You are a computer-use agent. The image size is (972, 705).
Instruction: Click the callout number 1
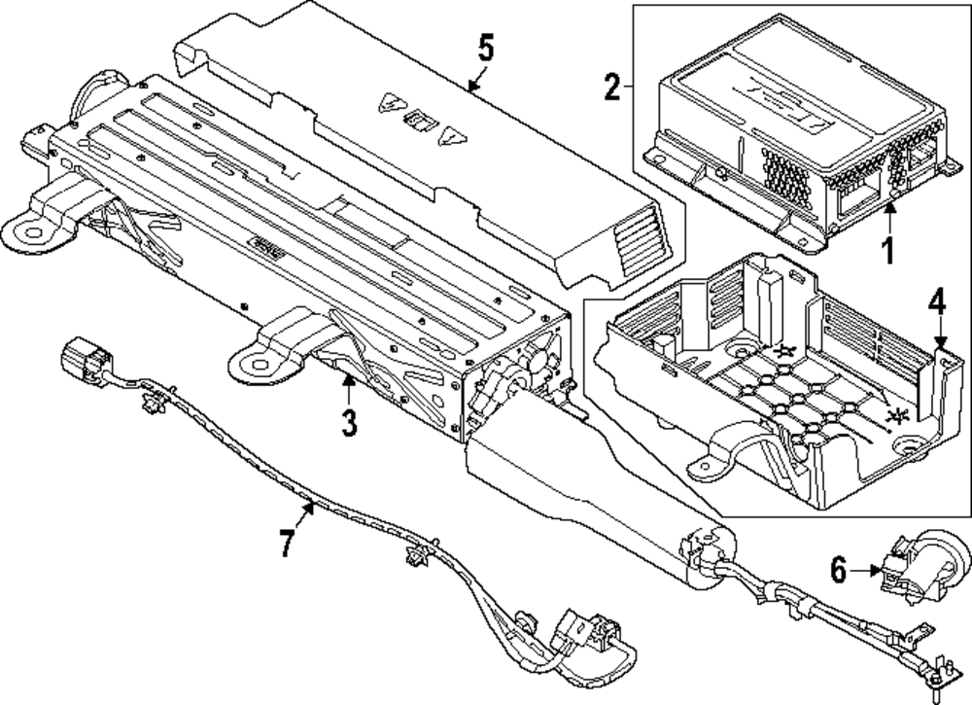885,250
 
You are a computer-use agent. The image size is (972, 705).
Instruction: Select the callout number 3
349,423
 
